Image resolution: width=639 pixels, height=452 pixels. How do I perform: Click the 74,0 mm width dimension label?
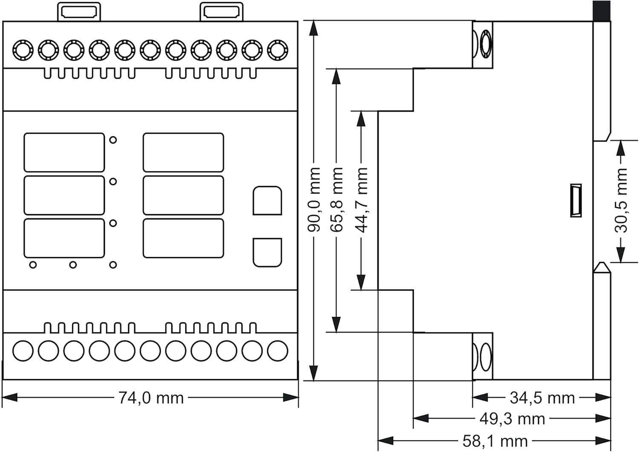tap(151, 398)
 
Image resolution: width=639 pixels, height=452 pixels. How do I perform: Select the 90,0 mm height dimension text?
tap(314, 199)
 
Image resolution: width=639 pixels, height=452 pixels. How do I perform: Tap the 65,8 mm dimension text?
tap(337, 199)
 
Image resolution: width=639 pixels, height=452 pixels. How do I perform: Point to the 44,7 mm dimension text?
tap(361, 199)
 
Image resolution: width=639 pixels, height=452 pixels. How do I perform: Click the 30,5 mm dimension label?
tap(621, 200)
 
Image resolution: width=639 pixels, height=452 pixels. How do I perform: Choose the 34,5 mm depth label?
tap(542, 398)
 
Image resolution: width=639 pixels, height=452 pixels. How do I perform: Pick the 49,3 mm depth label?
tap(512, 419)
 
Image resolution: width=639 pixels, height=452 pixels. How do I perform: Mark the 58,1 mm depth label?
tap(495, 441)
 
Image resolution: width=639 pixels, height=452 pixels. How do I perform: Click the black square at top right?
tap(602, 11)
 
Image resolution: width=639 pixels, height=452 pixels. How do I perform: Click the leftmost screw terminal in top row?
tap(23, 50)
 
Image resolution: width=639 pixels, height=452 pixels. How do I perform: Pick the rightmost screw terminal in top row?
tap(277, 50)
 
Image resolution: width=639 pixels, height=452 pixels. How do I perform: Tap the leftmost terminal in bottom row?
tap(23, 351)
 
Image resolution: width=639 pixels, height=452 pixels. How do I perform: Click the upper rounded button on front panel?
tap(267, 200)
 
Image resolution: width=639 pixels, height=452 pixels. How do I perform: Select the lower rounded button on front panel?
tap(267, 252)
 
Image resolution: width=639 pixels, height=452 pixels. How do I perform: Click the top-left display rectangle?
tap(64, 152)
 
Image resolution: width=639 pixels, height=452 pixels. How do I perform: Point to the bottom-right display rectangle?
tap(183, 238)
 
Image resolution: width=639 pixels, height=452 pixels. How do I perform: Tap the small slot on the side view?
tap(576, 201)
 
